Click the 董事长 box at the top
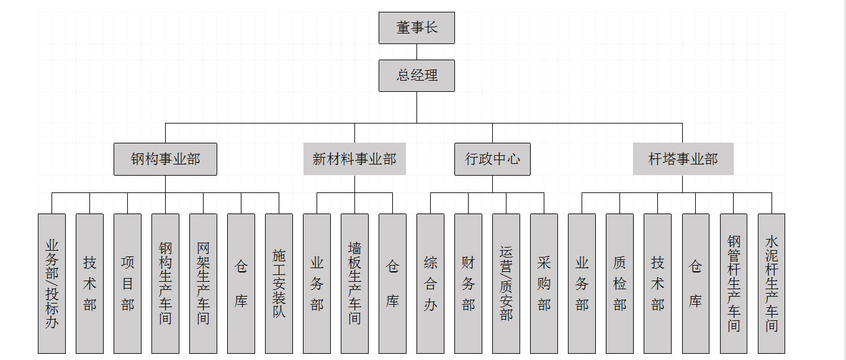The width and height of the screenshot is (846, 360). (416, 28)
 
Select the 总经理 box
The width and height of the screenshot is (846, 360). (416, 76)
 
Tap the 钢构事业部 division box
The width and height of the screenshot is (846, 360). (165, 159)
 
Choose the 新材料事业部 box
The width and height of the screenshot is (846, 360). (354, 159)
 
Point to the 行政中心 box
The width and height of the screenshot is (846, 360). (492, 159)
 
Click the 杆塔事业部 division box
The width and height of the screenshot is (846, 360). (683, 159)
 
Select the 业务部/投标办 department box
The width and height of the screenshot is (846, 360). (52, 284)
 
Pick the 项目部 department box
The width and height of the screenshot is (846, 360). (127, 284)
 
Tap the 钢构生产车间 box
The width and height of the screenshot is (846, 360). (165, 284)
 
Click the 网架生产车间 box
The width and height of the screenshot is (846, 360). (203, 284)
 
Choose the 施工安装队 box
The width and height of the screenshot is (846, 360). (279, 284)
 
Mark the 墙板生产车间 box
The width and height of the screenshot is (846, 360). (354, 284)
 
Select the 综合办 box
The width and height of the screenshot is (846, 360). (430, 284)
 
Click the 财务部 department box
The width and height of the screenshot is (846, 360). (468, 284)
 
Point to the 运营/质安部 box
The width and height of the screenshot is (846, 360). (506, 284)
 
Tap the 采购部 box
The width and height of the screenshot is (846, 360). (544, 284)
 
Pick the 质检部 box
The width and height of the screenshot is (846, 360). (619, 284)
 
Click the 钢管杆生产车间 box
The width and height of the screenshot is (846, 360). (734, 284)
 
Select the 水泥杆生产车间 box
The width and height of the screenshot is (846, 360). (772, 284)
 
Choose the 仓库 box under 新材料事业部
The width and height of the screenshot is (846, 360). (392, 284)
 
